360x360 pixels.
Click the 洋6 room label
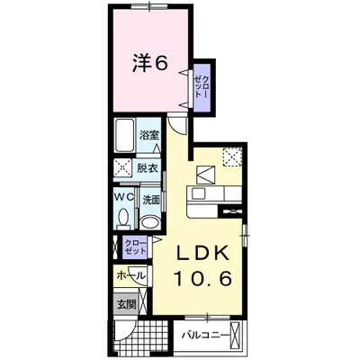tap(149, 64)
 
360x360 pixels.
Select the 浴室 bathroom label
tap(148, 135)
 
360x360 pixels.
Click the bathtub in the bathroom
tap(124, 135)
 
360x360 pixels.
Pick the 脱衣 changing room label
tap(148, 169)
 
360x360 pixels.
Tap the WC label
tap(124, 197)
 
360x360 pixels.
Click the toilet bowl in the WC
tap(123, 217)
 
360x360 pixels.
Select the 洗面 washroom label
tap(150, 200)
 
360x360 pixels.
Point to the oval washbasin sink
tap(150, 222)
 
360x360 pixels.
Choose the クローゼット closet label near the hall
tap(135, 247)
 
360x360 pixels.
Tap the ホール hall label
tap(131, 274)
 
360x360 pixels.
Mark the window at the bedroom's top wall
tap(150, 6)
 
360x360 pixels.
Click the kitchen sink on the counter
tap(198, 193)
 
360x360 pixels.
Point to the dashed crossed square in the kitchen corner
tap(232, 157)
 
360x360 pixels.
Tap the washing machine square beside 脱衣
tap(122, 170)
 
